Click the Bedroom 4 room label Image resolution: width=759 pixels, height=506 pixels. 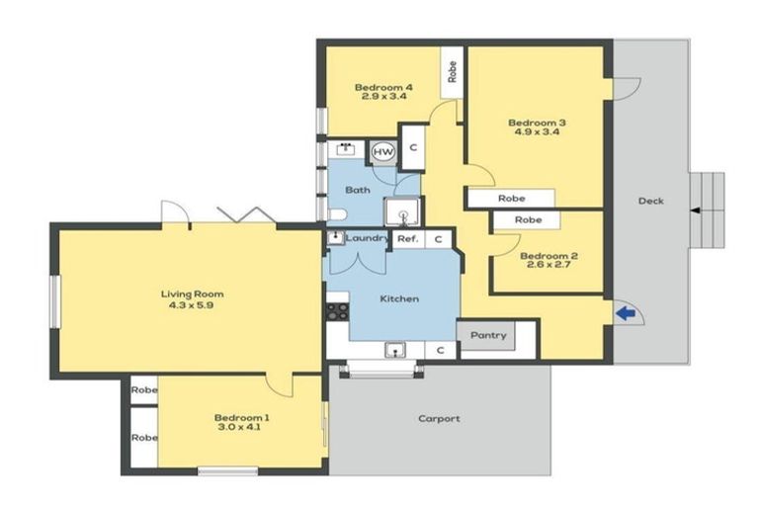pyautogui.click(x=383, y=87)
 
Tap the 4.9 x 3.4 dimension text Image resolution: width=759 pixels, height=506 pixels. pyautogui.click(x=537, y=134)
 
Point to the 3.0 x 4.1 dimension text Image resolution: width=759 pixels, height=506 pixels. pyautogui.click(x=242, y=429)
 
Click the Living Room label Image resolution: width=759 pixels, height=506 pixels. pyautogui.click(x=193, y=294)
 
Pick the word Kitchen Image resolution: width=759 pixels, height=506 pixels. pyautogui.click(x=399, y=298)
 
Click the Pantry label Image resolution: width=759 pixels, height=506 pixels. pyautogui.click(x=487, y=336)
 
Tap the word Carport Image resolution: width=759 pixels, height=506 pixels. pyautogui.click(x=439, y=419)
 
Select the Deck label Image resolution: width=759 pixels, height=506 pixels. pyautogui.click(x=650, y=202)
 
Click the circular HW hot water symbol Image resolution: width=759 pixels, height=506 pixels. pyautogui.click(x=383, y=151)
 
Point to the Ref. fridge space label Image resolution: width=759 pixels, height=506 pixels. pyautogui.click(x=407, y=239)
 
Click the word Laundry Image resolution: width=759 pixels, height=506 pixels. pyautogui.click(x=367, y=238)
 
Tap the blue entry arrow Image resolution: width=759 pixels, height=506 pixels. pyautogui.click(x=625, y=314)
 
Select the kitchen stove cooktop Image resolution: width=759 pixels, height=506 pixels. pyautogui.click(x=338, y=310)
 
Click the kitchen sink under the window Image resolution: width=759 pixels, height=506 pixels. pyautogui.click(x=394, y=349)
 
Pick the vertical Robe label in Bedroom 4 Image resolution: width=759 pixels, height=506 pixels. pyautogui.click(x=452, y=73)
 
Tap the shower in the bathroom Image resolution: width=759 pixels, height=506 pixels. pyautogui.click(x=402, y=211)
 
